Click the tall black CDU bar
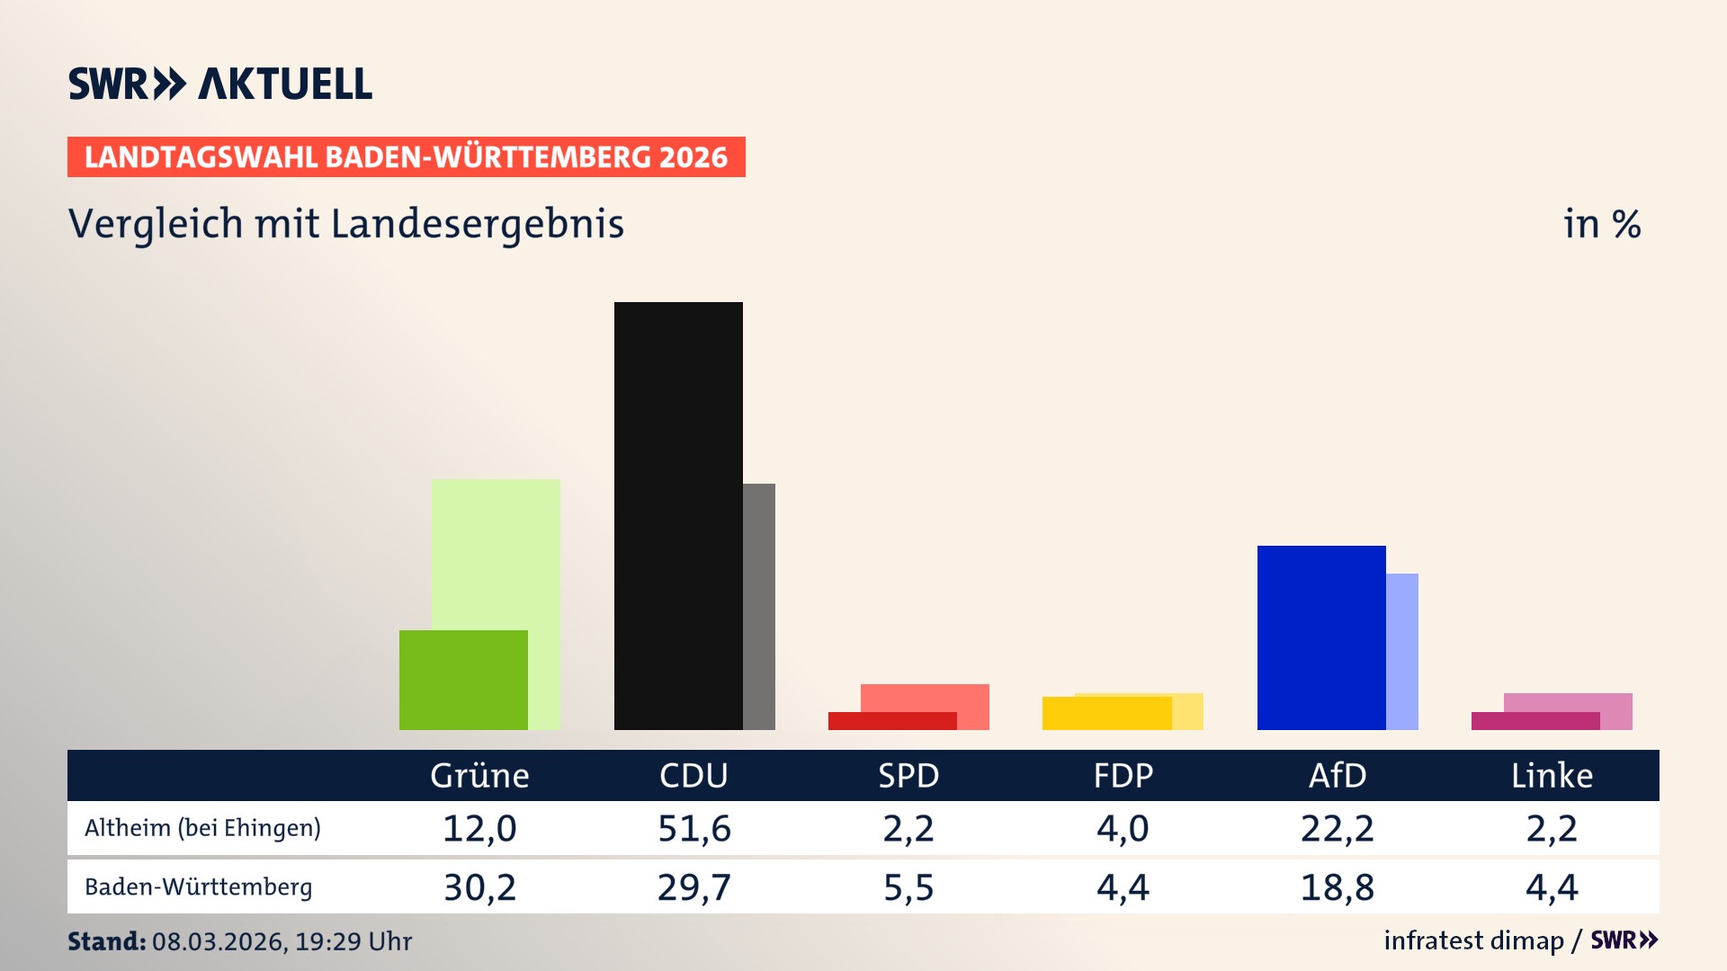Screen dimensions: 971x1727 (x=678, y=515)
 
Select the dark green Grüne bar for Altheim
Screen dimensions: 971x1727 (x=463, y=680)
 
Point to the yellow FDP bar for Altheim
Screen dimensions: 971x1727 (x=1106, y=713)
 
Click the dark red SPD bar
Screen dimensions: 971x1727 (x=892, y=721)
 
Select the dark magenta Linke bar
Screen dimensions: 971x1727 (x=1535, y=721)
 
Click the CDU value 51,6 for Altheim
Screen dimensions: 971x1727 (x=694, y=828)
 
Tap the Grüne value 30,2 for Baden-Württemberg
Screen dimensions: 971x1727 (x=479, y=887)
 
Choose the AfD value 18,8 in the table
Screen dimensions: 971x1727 (x=1338, y=887)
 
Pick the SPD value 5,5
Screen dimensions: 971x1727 (x=908, y=887)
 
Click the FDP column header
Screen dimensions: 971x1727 (x=1123, y=775)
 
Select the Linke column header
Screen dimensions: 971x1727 (x=1552, y=775)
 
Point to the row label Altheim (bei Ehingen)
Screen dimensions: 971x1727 (x=202, y=828)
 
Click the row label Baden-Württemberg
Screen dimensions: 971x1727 (x=198, y=887)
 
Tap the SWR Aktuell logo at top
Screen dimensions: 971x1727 (x=219, y=84)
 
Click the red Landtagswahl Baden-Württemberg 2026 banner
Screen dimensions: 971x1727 (x=406, y=157)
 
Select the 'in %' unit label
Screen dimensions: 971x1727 (x=1602, y=224)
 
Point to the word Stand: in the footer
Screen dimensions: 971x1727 (x=106, y=941)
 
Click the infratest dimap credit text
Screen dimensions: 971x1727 (x=1473, y=940)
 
